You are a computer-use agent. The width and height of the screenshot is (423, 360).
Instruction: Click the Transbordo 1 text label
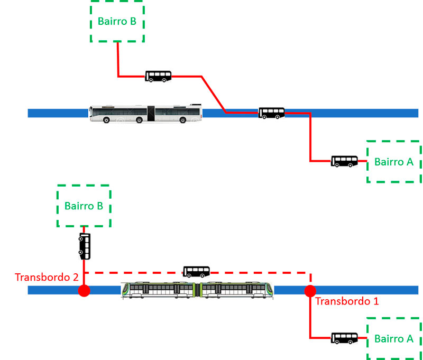coord(346,301)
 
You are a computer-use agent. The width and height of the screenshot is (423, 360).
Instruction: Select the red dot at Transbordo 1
coord(310,291)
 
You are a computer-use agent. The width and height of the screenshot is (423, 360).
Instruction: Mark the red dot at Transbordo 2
coord(84,291)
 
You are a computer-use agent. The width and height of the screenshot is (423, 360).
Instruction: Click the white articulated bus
coord(145,113)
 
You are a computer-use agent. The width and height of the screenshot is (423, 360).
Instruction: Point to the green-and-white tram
coord(198,290)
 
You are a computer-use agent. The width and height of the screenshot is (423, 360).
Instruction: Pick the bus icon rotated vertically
coord(85,246)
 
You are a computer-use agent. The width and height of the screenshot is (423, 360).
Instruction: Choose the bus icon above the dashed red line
coord(196,272)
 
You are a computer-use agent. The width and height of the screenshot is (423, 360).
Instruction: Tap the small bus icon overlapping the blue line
coord(271,113)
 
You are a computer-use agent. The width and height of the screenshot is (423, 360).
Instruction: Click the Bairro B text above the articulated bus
coord(117,22)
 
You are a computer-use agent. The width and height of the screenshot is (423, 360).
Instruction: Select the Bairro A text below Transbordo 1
coord(394,339)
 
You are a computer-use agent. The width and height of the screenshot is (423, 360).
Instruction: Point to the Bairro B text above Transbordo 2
coord(84,206)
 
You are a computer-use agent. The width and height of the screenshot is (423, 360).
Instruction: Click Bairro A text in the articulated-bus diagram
coord(394,162)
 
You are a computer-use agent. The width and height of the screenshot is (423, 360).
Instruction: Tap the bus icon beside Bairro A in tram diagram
coord(344,338)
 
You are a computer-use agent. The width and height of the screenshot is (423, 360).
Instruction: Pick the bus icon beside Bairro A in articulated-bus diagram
coord(344,161)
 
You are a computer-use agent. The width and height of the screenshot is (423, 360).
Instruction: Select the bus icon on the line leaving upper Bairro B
coord(158,76)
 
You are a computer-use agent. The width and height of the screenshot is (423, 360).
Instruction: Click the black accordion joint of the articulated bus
coord(151,113)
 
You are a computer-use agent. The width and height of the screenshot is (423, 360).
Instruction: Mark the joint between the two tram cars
coord(198,290)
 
